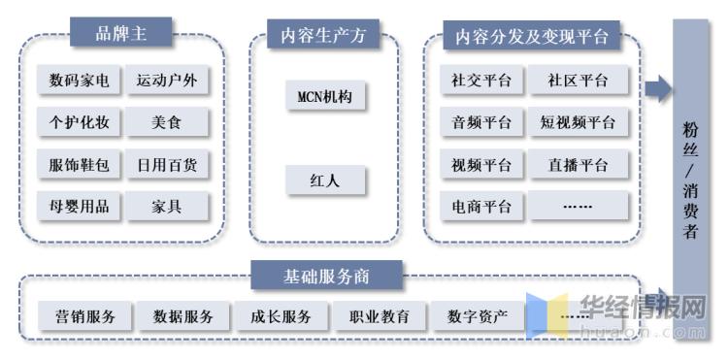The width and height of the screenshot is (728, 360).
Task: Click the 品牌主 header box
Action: [120, 34]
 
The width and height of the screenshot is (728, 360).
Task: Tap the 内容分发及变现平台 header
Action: [531, 37]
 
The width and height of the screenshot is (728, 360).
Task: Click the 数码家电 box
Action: [79, 82]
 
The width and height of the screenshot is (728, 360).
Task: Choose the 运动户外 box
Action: [167, 82]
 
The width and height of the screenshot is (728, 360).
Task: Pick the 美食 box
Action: [167, 123]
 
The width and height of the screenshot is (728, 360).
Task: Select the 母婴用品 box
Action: [79, 206]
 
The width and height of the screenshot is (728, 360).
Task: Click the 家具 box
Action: [167, 206]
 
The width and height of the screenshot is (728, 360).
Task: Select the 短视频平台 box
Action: [579, 123]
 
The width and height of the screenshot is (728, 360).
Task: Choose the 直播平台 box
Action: [579, 165]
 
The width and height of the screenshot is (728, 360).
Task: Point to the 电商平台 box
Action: [481, 206]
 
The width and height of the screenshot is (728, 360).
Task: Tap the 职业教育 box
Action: [373, 316]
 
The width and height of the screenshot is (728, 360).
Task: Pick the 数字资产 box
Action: [477, 316]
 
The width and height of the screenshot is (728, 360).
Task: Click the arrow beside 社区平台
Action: [659, 89]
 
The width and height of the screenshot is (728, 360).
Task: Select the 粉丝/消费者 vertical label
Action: [690, 180]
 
